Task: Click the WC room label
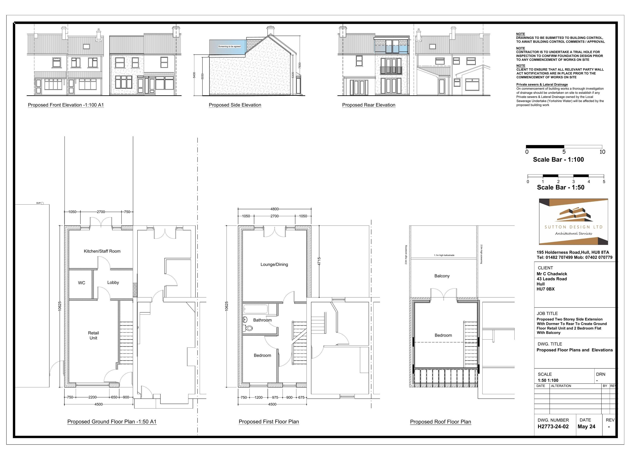[x=81, y=283]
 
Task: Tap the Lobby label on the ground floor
[x=113, y=283]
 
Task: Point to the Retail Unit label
[x=93, y=335]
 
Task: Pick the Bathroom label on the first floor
[x=262, y=320]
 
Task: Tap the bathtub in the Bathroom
[x=256, y=310]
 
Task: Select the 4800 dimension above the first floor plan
[x=274, y=209]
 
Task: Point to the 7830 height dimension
[x=300, y=65]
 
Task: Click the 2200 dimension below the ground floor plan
[x=93, y=397]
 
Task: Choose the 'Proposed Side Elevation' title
[x=235, y=105]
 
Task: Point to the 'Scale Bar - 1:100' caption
[x=558, y=160]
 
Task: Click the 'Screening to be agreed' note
[x=229, y=47]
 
